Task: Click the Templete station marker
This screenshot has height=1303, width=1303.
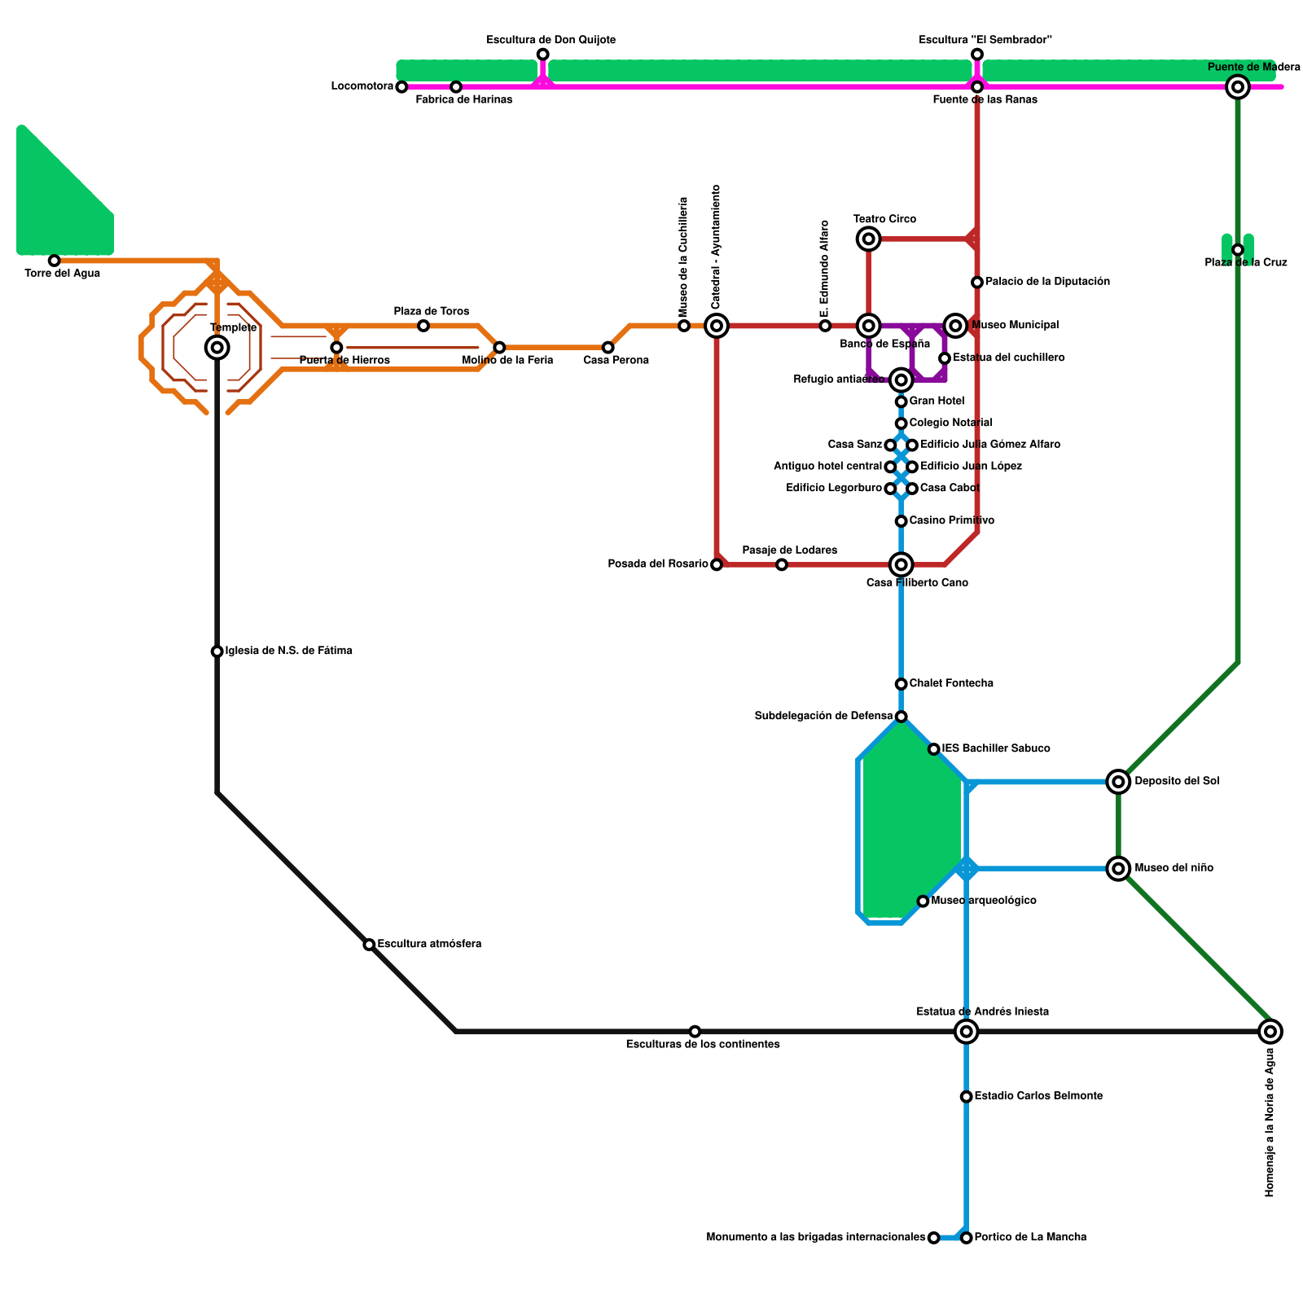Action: (x=217, y=348)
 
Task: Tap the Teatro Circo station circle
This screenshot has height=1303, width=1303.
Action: (x=869, y=239)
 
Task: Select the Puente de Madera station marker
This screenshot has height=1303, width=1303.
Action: (x=1238, y=86)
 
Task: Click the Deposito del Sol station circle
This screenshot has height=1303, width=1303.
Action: (x=1119, y=782)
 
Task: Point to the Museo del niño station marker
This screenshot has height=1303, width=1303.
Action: (x=1119, y=869)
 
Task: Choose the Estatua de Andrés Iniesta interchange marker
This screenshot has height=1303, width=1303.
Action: (x=967, y=1032)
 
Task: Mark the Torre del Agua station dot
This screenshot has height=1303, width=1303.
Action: (x=54, y=261)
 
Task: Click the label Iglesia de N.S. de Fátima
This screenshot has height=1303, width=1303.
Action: (x=288, y=651)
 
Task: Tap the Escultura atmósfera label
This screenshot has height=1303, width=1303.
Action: (x=429, y=944)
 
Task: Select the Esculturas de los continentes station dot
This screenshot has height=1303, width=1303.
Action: (x=695, y=1032)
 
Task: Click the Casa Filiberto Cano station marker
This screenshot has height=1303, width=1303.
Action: (x=901, y=564)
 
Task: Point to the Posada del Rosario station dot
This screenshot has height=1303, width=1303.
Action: (x=717, y=564)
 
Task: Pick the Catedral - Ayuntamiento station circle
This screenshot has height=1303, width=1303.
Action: (x=717, y=326)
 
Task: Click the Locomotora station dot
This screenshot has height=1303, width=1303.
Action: (x=401, y=87)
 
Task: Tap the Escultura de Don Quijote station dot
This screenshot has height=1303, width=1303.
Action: (x=542, y=55)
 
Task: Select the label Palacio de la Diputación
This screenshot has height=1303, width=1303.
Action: (x=1047, y=282)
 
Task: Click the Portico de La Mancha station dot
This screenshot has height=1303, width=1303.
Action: (x=967, y=1238)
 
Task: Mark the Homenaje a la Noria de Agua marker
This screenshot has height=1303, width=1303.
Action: (x=1270, y=1032)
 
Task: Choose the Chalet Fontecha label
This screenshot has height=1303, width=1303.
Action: (x=951, y=683)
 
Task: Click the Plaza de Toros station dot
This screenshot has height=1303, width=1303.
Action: (x=423, y=326)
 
